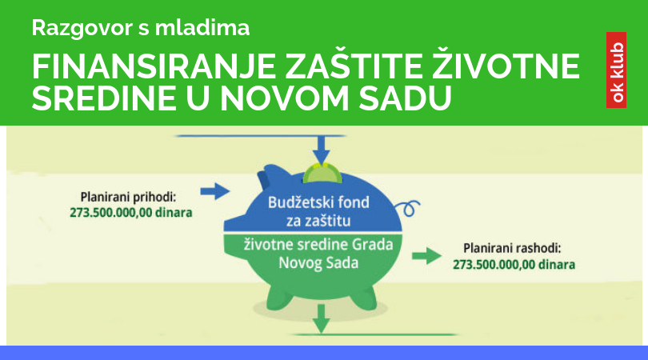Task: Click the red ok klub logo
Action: tap(616, 70)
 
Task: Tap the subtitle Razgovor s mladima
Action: tap(141, 28)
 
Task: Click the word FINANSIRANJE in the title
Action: tap(154, 66)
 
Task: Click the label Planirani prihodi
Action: tap(128, 197)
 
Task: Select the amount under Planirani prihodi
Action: tap(130, 213)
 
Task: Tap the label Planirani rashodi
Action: tap(512, 249)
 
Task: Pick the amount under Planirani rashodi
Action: tap(514, 265)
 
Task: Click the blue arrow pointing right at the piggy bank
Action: tap(215, 191)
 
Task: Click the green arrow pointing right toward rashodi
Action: tap(427, 256)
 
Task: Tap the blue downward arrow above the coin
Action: tap(321, 150)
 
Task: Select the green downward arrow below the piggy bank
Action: tap(321, 318)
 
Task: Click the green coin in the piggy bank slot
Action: tap(322, 174)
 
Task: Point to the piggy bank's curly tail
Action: tap(407, 208)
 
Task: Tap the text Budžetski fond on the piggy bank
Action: tap(318, 202)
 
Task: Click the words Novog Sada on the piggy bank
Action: tap(318, 263)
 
